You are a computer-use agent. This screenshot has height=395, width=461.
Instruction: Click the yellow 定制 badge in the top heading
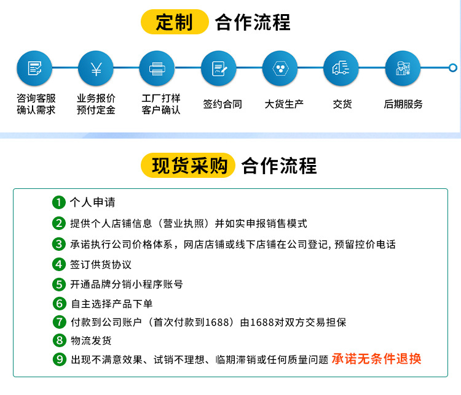coord(175,21)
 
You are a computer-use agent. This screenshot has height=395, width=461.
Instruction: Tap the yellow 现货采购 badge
coord(188,165)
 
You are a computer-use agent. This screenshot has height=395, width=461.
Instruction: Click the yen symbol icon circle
coord(96,68)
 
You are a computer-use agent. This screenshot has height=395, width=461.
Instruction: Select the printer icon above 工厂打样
coord(157,68)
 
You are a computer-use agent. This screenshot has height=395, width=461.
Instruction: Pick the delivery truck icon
coord(341,68)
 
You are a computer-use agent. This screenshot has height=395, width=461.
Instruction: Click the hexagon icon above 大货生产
coord(280,68)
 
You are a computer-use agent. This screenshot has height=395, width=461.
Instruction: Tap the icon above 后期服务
coord(403,68)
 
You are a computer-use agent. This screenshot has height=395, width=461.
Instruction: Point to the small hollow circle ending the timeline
coord(453,68)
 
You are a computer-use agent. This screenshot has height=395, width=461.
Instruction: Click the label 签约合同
coord(223,104)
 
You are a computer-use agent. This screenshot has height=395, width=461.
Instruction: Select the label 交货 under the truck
coord(342,104)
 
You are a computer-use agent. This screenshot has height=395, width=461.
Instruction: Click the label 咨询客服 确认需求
coord(36,104)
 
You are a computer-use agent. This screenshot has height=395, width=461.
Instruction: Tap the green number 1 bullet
coord(59,202)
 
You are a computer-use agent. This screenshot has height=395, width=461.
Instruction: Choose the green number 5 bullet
coord(59,285)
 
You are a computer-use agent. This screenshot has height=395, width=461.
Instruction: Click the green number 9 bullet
coord(60,359)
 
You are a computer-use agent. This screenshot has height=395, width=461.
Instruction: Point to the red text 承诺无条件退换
coord(377,359)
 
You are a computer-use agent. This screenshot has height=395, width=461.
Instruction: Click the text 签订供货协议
coord(101,264)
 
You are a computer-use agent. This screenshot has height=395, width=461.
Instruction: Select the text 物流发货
coord(91,340)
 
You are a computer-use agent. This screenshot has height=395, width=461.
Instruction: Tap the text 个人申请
coord(92,202)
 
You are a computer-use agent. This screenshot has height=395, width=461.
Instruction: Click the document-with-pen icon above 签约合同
coord(219,68)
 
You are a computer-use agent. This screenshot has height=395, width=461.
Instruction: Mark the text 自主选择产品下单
coord(112,304)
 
